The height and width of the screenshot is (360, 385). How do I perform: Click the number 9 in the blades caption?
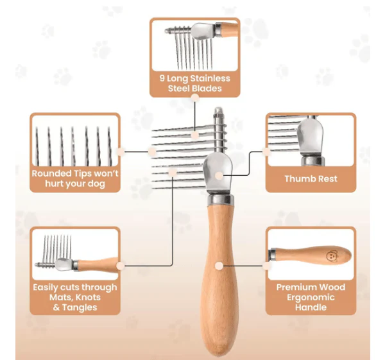pos(162,78)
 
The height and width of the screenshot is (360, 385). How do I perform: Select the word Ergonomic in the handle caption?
pos(311,298)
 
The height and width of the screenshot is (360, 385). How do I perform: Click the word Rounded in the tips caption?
pos(51,173)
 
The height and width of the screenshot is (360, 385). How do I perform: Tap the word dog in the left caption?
pos(96,184)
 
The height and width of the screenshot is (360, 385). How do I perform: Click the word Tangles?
pos(80,307)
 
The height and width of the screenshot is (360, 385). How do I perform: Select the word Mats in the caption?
pos(61,297)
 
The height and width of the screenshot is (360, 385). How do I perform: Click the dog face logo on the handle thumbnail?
pos(332,255)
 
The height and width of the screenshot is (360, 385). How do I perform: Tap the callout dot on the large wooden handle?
pos(219,266)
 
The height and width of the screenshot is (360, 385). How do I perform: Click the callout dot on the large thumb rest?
pos(219,175)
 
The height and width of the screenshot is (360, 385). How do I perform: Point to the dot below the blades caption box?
pos(195,98)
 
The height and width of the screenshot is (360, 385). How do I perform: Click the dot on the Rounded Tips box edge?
pos(121,151)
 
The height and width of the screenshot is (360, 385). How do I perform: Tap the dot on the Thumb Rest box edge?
pos(266,151)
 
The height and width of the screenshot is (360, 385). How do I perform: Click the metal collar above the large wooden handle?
pos(219,200)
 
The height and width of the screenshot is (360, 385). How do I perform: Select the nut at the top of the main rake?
pos(218,112)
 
